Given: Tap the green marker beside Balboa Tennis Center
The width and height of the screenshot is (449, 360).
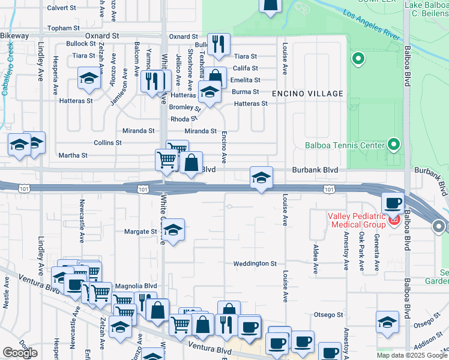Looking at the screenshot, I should click(x=393, y=144).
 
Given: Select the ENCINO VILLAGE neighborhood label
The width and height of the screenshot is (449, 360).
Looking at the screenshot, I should click(x=307, y=94).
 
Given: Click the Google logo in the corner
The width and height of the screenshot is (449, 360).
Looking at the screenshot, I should click(x=20, y=353).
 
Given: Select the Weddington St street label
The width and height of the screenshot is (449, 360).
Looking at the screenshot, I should click(x=255, y=263).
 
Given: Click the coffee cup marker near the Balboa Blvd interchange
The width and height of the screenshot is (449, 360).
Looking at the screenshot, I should click(x=393, y=203).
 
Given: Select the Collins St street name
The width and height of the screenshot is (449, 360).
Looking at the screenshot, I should click(x=108, y=143).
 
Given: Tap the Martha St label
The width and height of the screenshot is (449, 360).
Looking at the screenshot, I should click(x=73, y=155).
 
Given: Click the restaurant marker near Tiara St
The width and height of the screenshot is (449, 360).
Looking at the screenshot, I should click(x=218, y=44).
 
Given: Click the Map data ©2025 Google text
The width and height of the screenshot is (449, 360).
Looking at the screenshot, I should click(x=412, y=355).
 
